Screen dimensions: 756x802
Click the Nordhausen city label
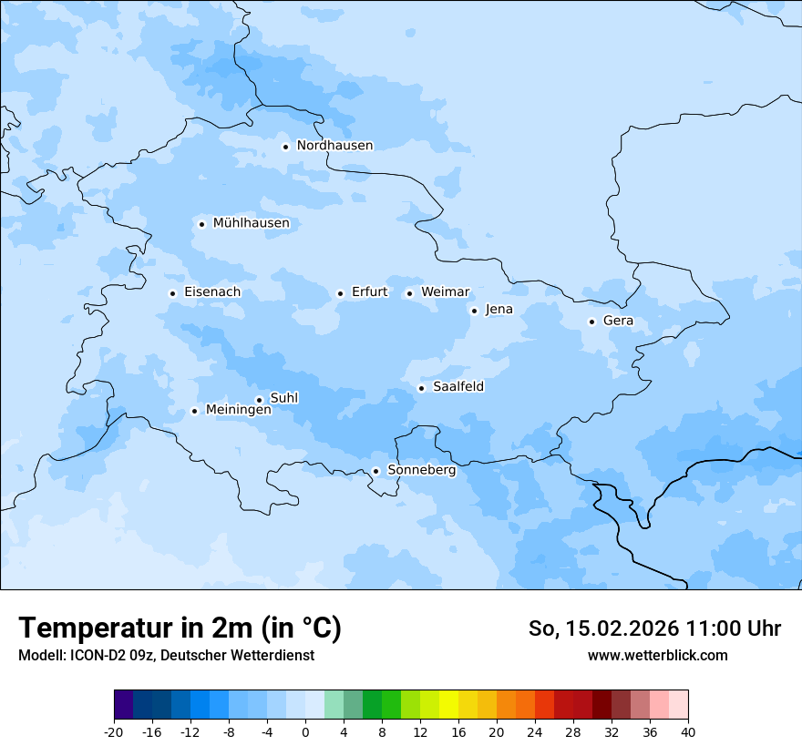coord(334,146)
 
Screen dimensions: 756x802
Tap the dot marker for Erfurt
coord(340,293)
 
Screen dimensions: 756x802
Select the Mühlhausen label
coord(251,223)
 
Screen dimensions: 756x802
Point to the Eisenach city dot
coord(172,293)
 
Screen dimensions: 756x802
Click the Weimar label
coord(445,292)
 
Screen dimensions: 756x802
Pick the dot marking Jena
coord(474,311)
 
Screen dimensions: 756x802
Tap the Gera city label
coord(618,321)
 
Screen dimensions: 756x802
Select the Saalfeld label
coord(458,387)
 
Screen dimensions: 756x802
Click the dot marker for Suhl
coord(259,400)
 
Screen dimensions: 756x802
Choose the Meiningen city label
coord(238,410)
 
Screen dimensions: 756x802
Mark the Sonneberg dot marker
coord(375,471)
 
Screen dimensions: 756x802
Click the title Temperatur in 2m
coord(180,628)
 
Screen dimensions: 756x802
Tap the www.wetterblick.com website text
coord(657,655)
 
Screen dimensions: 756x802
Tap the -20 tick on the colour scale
coord(114,731)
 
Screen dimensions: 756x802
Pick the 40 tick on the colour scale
coord(688,731)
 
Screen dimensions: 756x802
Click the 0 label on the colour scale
coord(305,731)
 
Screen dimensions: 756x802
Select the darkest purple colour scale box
coord(123,705)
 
